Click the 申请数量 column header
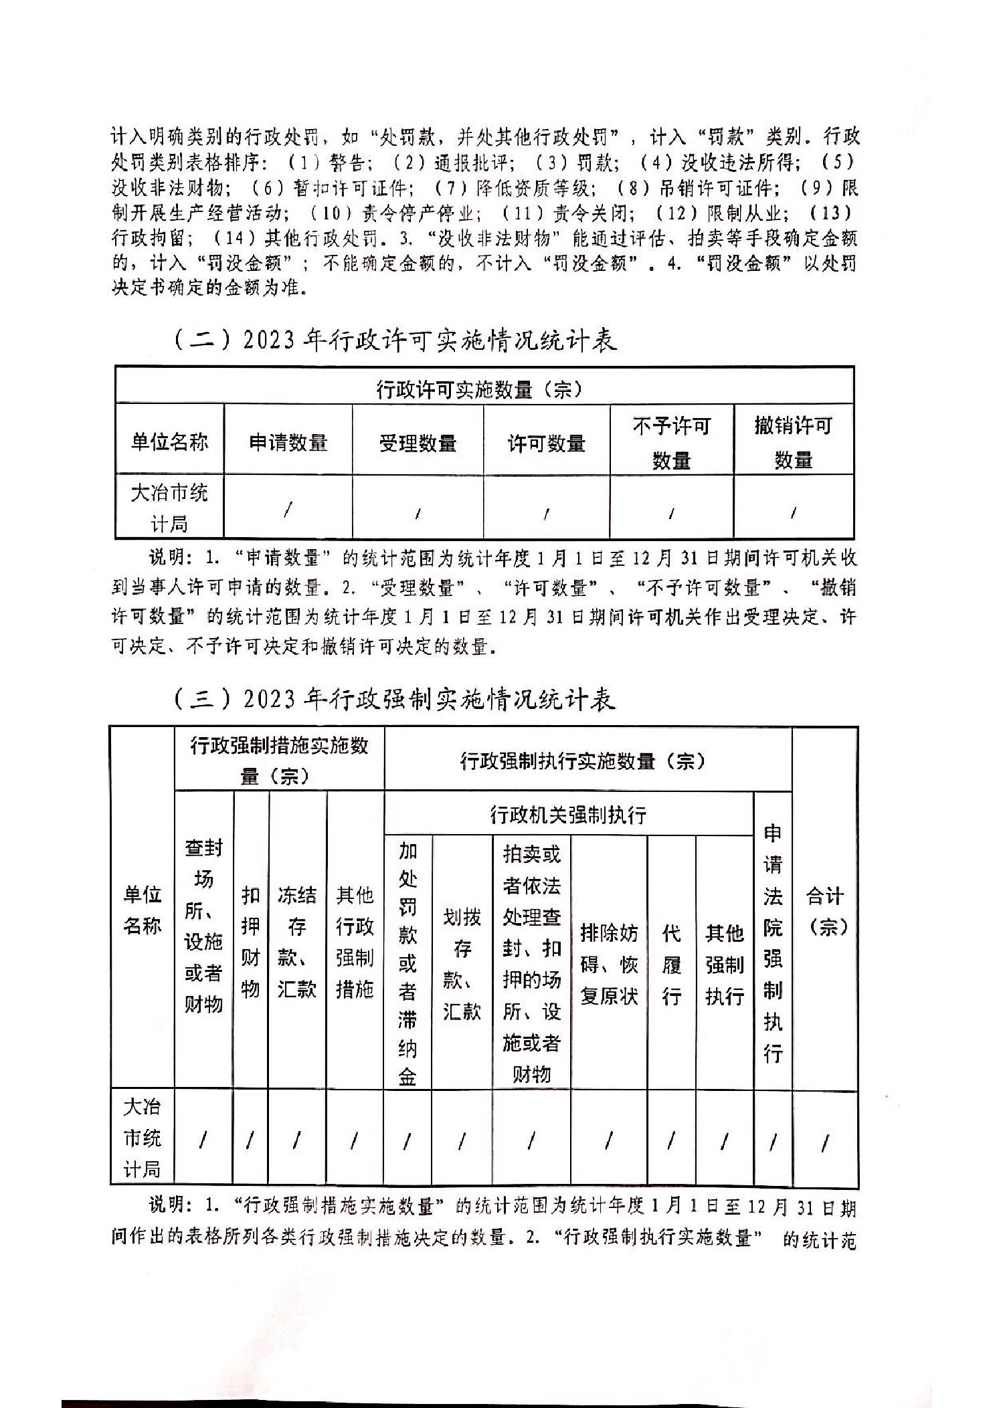point(288,442)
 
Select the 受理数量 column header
point(418,442)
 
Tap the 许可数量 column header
point(547,442)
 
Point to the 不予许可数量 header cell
point(671,442)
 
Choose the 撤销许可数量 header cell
point(794,442)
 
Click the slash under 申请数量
point(288,510)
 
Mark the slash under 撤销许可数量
point(794,513)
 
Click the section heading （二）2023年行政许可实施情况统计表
point(395,341)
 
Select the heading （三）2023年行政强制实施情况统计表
point(395,700)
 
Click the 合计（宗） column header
point(825,910)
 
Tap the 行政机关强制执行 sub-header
point(568,815)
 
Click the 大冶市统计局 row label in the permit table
point(169,508)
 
